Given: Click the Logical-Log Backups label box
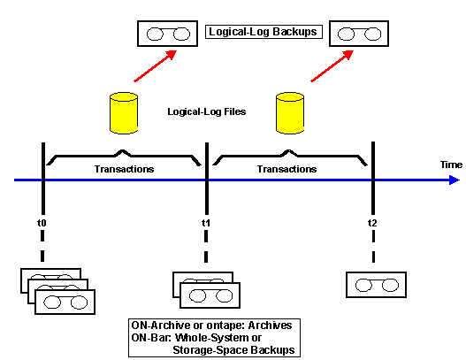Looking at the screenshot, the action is [264, 32].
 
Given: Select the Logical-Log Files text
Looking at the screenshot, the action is [207, 111].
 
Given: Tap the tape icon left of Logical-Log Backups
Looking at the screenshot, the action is [168, 34].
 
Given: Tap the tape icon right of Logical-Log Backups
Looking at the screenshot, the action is [359, 34].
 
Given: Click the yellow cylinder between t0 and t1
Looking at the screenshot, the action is [124, 113].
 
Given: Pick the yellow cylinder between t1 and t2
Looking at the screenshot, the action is [290, 113].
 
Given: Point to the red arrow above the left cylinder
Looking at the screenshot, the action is [156, 65].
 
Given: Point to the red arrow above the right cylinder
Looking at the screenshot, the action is [332, 65].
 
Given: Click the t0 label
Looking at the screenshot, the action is [42, 223].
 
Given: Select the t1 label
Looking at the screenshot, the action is [206, 223].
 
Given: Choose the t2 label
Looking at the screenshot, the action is [372, 223].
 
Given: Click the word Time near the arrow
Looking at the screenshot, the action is [451, 165].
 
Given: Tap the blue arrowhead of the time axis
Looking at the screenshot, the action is [455, 180].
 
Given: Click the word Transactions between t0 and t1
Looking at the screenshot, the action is [124, 169].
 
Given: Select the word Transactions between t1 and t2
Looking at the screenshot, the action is [286, 169].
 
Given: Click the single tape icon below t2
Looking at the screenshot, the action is [376, 285].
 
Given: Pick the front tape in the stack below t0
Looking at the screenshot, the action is [65, 302].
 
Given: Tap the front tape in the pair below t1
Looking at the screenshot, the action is [210, 295].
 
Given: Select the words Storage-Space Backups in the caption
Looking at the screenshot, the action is [233, 350].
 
